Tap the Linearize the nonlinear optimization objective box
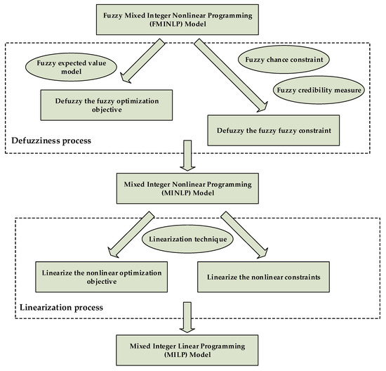pos(95,276)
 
